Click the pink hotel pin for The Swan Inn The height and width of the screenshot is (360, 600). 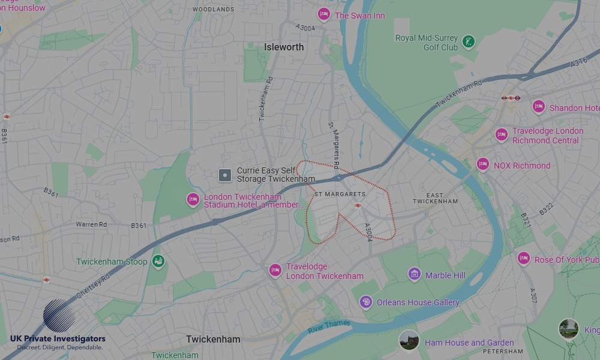click(324, 14)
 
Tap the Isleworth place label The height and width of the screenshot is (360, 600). click(284, 47)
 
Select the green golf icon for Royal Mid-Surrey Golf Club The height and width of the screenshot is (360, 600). click(469, 42)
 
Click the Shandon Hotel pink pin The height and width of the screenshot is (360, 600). click(539, 107)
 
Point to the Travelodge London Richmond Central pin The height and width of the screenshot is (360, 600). click(502, 135)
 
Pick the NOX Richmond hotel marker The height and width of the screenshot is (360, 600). click(483, 164)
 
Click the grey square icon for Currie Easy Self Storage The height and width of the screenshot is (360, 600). click(225, 175)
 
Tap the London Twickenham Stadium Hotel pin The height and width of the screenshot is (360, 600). click(193, 200)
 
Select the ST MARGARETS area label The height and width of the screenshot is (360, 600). click(340, 194)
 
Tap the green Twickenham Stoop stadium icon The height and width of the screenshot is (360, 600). click(158, 262)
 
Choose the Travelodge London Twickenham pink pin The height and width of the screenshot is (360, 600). click(275, 271)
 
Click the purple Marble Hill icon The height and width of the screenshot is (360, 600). click(415, 274)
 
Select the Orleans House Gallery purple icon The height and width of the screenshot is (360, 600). click(366, 302)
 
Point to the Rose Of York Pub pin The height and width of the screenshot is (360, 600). click(524, 259)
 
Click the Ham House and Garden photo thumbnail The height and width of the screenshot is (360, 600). click(409, 340)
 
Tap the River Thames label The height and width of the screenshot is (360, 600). click(329, 327)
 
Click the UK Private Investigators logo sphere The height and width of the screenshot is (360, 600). click(59, 316)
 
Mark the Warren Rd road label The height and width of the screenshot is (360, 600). click(91, 224)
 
